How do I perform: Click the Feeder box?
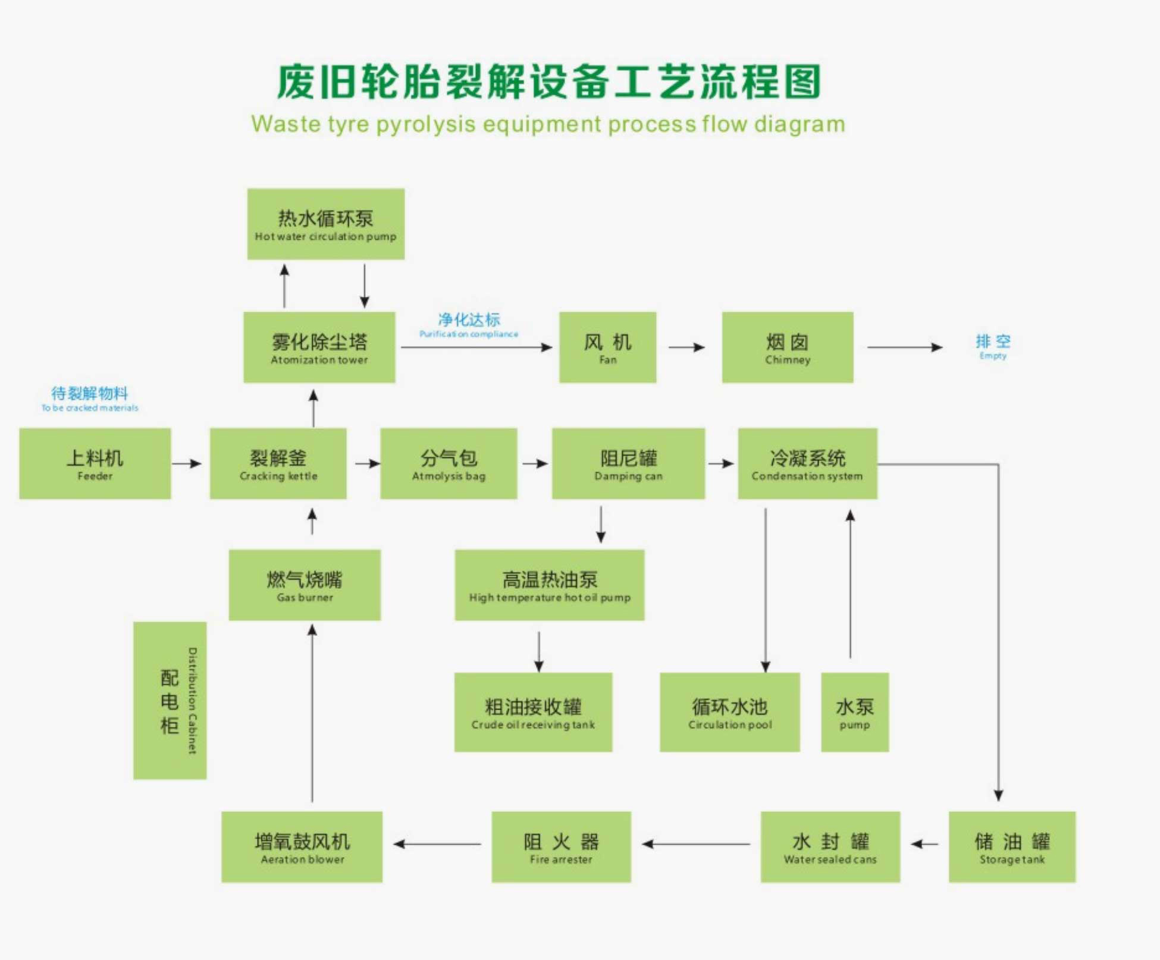[95, 463]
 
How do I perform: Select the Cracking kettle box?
[278, 463]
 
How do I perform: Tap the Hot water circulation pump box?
[325, 224]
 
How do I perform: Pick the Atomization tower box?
[319, 347]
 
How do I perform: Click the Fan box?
[607, 347]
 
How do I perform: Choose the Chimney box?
[787, 347]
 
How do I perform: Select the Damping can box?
[628, 463]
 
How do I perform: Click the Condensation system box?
[807, 463]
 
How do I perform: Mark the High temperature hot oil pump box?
[549, 585]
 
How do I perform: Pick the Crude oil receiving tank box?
[533, 712]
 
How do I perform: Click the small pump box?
[855, 712]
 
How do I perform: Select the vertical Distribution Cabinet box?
[170, 700]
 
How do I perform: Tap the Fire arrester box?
[561, 846]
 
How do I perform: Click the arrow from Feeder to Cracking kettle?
[187, 463]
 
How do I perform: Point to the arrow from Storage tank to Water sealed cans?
[924, 844]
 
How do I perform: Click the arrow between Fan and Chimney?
[687, 347]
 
